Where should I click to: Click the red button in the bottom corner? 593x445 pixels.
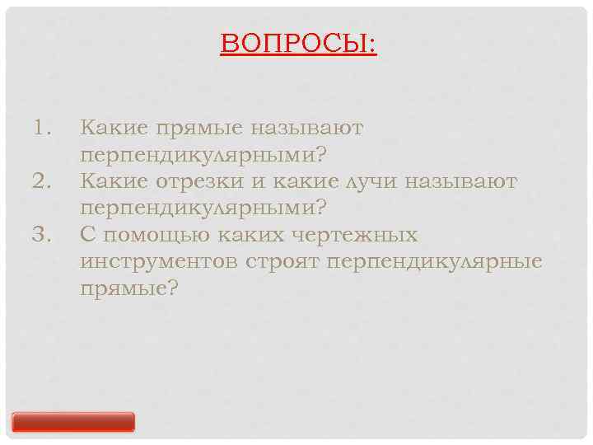point(73,422)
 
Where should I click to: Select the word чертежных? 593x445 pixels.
point(359,235)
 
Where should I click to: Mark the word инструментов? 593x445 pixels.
point(161,261)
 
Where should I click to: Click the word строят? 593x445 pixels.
point(284,261)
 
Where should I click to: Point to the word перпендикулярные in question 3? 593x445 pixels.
point(435,261)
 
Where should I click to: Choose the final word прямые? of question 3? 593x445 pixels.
point(129,288)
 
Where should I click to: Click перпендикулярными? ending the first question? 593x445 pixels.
point(203,155)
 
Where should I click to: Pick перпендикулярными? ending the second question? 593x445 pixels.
point(203,208)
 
